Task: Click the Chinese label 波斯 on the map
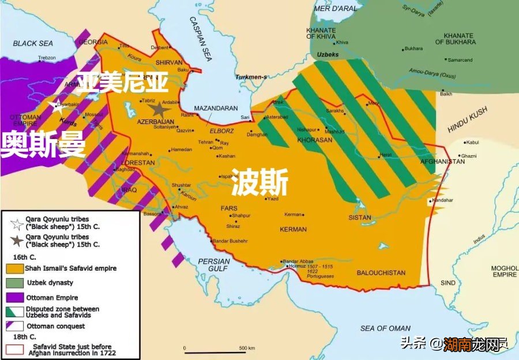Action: click(259, 185)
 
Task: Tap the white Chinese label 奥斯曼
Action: click(43, 144)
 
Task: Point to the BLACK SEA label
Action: click(33, 43)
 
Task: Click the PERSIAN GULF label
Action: click(214, 265)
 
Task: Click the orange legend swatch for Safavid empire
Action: click(14, 268)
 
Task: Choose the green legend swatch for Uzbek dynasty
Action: click(14, 283)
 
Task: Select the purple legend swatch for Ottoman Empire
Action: click(14, 298)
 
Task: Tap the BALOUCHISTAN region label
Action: click(381, 273)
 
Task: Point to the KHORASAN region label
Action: click(315, 140)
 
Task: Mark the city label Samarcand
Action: click(460, 60)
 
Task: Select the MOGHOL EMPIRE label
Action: click(503, 272)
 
